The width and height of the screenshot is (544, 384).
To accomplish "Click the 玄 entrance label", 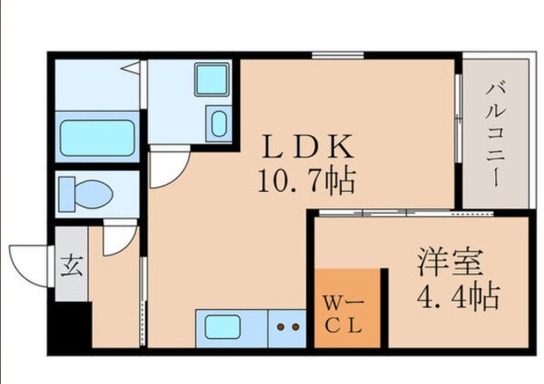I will coord(71,266).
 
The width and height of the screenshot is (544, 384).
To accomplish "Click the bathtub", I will coord(97,137).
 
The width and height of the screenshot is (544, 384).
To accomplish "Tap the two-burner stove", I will coord(287,327).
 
